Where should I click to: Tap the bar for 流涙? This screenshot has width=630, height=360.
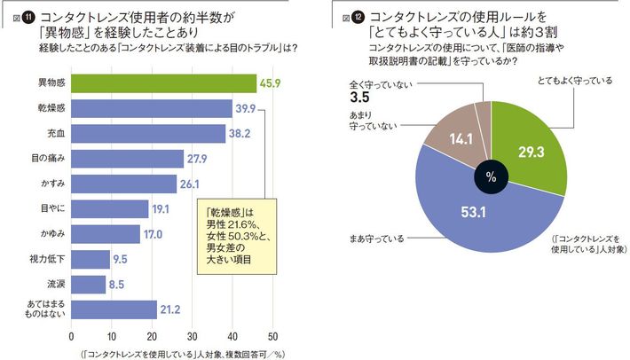[88, 285]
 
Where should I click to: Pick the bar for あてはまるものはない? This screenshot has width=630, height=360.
[114, 309]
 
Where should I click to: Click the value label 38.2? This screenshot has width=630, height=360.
[240, 134]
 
